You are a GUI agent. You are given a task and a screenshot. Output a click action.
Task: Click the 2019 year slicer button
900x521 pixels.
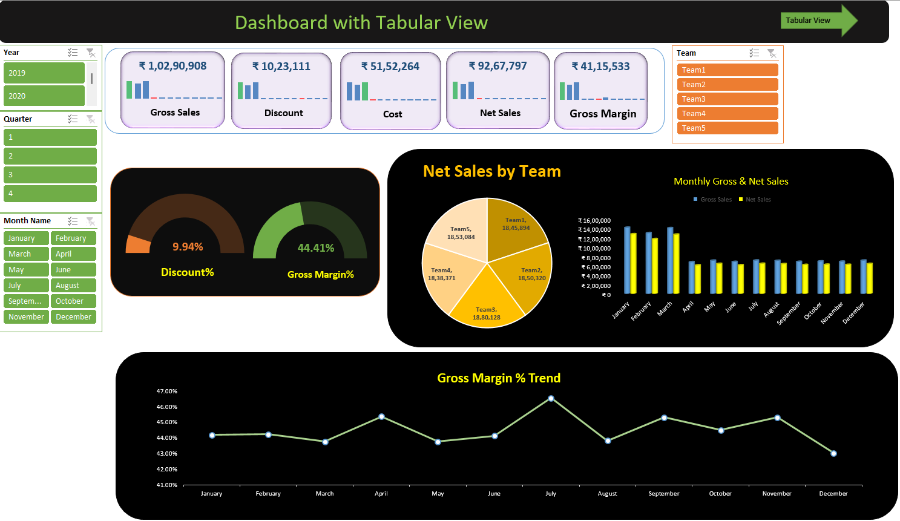click(x=44, y=73)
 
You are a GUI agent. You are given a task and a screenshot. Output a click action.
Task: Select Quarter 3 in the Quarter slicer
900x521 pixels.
click(x=50, y=175)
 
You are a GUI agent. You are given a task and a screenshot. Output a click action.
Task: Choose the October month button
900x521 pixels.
click(x=73, y=301)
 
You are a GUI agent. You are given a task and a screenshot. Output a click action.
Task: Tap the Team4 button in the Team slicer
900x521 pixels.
click(x=727, y=114)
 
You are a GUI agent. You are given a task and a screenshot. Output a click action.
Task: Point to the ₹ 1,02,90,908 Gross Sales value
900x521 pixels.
click(x=172, y=66)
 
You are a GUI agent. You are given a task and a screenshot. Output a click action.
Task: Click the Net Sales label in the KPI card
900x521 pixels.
click(x=500, y=113)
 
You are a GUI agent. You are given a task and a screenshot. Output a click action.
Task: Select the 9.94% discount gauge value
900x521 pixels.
click(x=188, y=247)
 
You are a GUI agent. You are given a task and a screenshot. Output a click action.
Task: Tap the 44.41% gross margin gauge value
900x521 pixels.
click(x=316, y=248)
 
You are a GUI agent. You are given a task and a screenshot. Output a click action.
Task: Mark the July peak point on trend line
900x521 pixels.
click(x=551, y=399)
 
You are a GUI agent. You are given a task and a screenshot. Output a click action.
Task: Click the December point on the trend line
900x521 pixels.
click(x=833, y=453)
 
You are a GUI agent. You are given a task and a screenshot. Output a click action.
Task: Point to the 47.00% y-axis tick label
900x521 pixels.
click(x=167, y=392)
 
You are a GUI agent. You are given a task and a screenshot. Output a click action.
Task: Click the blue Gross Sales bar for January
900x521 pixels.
click(x=627, y=260)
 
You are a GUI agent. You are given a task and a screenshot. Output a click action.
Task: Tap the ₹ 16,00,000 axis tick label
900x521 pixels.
click(x=594, y=221)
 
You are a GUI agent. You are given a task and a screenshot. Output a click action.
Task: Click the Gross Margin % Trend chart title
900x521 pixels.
click(x=499, y=378)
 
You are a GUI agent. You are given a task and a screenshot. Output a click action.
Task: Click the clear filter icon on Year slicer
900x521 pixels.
click(x=90, y=53)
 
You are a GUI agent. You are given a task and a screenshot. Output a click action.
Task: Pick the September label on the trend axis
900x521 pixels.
click(x=664, y=494)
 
